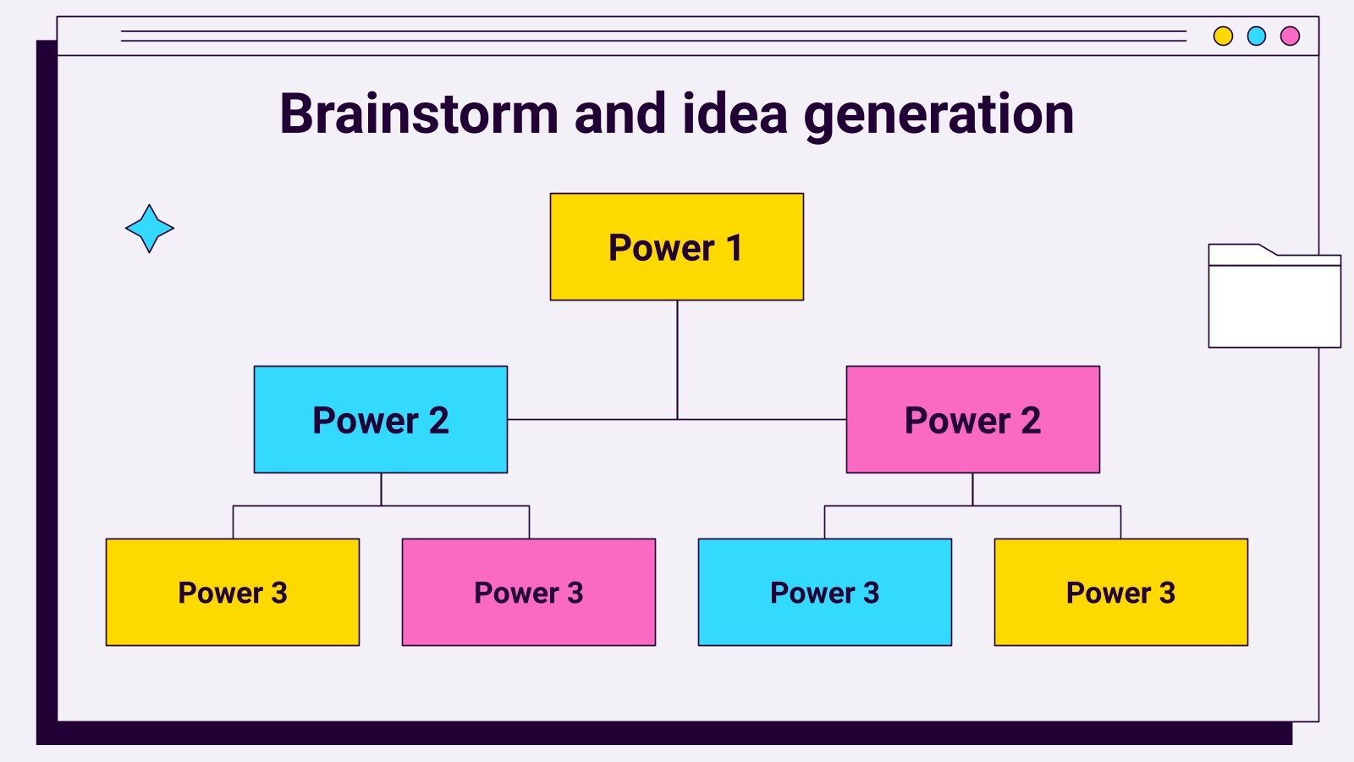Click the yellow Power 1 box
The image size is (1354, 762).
click(676, 246)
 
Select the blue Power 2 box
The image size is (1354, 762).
click(380, 419)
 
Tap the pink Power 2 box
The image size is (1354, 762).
click(972, 419)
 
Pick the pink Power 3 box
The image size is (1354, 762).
click(528, 592)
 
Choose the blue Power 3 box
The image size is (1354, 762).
click(824, 592)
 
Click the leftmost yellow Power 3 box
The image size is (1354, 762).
click(232, 592)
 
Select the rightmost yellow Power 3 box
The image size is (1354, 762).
click(1120, 592)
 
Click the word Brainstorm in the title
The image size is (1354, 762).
click(419, 113)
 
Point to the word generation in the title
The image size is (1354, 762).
click(938, 115)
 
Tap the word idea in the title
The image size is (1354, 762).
click(735, 113)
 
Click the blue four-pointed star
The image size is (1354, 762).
click(150, 229)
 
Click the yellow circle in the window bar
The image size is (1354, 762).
click(1223, 36)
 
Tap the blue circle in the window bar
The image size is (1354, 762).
click(1257, 36)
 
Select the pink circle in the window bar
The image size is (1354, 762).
click(1290, 36)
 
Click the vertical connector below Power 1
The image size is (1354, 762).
click(677, 359)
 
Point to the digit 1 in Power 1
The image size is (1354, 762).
click(734, 248)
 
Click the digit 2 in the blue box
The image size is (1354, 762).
click(438, 421)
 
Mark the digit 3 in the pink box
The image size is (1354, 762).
click(575, 593)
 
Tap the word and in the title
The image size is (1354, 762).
click(619, 113)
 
